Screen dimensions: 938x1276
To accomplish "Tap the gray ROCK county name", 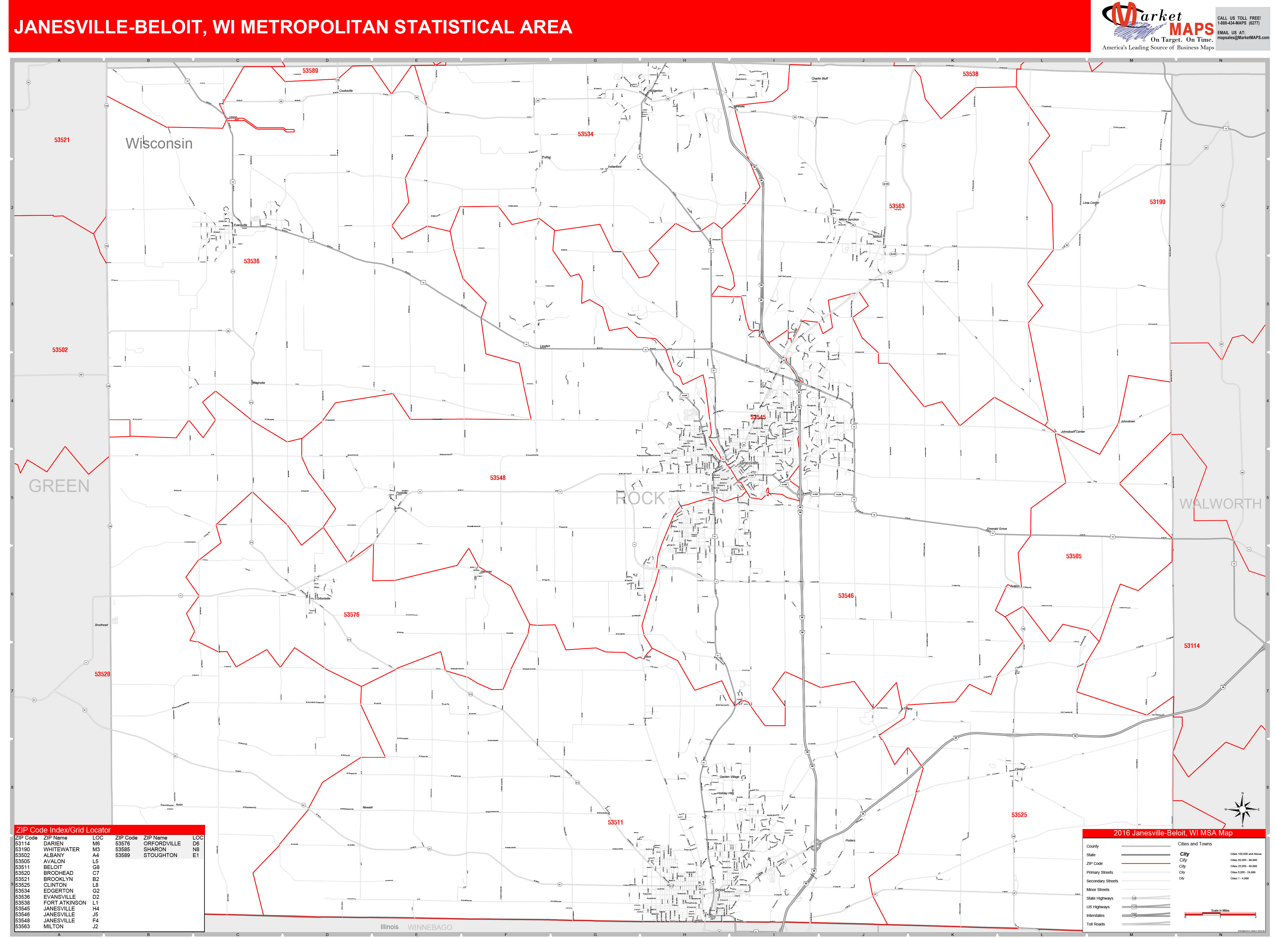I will pyautogui.click(x=640, y=499).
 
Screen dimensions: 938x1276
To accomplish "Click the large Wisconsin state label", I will pyautogui.click(x=159, y=144).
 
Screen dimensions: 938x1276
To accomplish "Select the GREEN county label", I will pyautogui.click(x=59, y=486).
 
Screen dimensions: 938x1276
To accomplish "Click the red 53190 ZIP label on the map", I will pyautogui.click(x=1157, y=202).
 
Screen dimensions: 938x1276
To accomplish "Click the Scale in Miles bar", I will pyautogui.click(x=1220, y=914).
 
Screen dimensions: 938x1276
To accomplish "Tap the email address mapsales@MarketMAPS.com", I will pyautogui.click(x=1243, y=38).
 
